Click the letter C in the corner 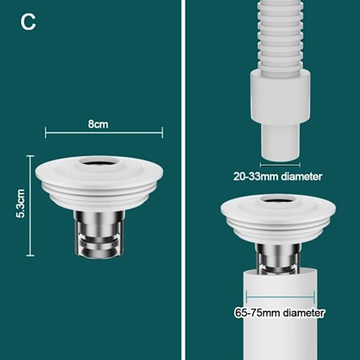(x=28, y=22)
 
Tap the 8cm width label (x=98, y=125)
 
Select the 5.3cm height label (x=21, y=203)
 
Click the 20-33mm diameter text (x=278, y=177)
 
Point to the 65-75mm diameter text (x=280, y=313)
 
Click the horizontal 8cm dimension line (x=104, y=133)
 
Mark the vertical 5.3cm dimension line (x=31, y=206)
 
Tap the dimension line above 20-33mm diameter (x=280, y=165)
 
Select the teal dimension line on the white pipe (x=280, y=297)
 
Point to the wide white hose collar (x=280, y=96)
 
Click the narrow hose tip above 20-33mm (x=280, y=142)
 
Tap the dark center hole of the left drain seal (x=99, y=162)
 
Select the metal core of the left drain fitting (x=99, y=234)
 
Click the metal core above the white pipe (x=279, y=257)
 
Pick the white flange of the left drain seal (x=99, y=182)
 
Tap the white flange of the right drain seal (x=278, y=219)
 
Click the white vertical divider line (x=183, y=180)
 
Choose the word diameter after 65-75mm (x=304, y=313)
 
